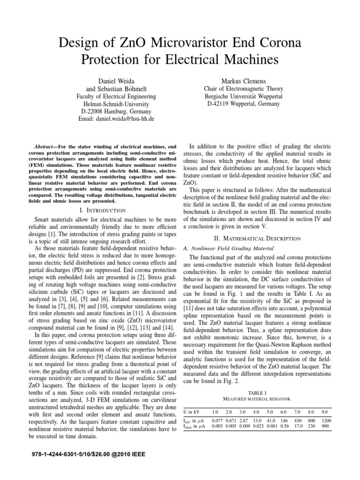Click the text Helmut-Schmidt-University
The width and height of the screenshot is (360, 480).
click(116, 104)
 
